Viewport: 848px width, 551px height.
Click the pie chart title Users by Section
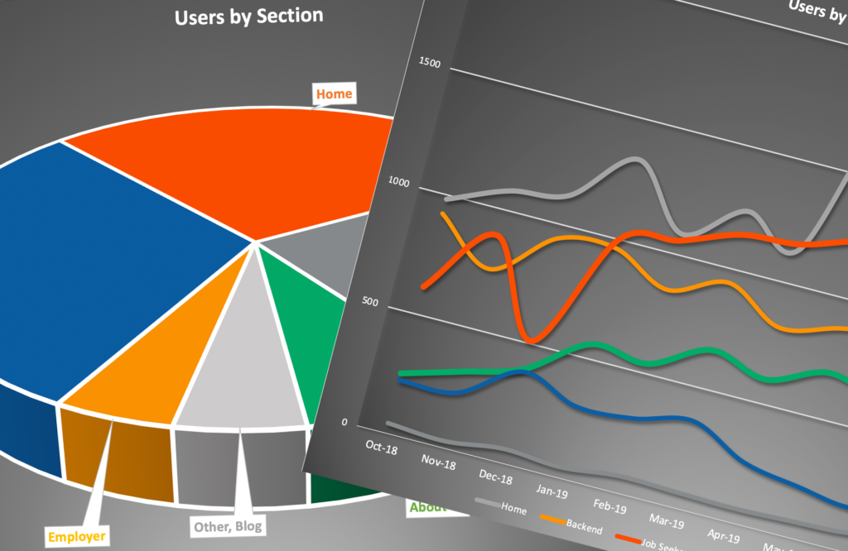tap(248, 17)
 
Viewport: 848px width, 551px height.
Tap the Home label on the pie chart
tap(334, 93)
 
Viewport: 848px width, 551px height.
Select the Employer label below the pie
tap(76, 537)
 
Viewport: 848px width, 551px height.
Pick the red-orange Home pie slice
tap(240, 165)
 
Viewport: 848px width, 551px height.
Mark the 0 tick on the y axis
tap(344, 423)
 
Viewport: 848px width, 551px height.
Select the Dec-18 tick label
tap(495, 479)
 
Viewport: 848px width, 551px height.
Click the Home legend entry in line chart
tap(513, 510)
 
